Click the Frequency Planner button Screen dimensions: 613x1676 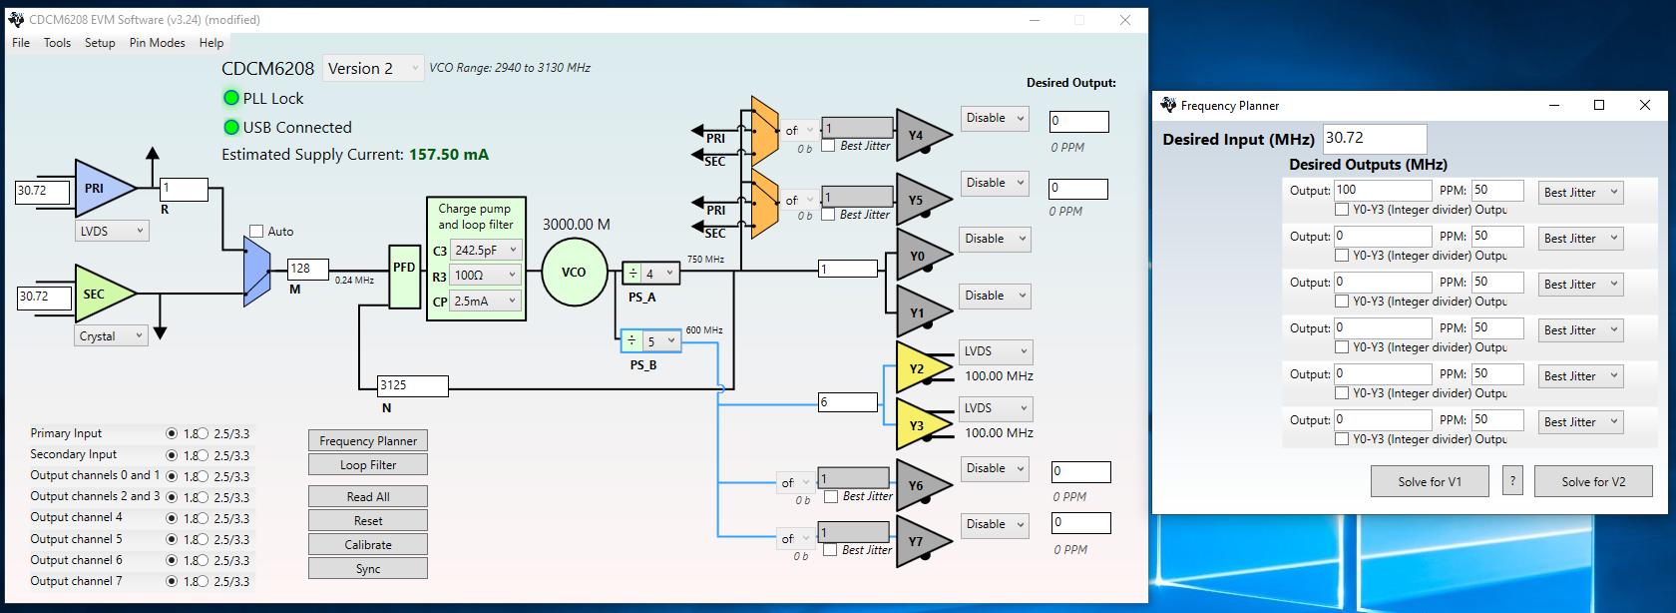click(368, 441)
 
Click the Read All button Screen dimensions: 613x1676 click(368, 497)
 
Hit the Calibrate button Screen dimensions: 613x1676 click(368, 545)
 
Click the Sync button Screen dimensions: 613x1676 click(368, 569)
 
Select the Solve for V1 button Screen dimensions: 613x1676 click(1430, 482)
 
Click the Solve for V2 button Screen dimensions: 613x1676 click(1593, 482)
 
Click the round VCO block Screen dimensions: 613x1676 click(574, 273)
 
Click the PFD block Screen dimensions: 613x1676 click(404, 276)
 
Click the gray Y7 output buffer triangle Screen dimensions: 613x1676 click(918, 542)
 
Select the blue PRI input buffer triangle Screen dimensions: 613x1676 click(100, 189)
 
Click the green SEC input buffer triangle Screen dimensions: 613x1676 click(100, 295)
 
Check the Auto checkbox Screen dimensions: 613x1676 click(256, 232)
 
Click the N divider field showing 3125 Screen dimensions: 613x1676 click(413, 385)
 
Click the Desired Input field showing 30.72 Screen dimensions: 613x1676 click(1374, 138)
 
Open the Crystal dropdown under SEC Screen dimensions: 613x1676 click(112, 336)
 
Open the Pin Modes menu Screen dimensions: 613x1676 click(157, 43)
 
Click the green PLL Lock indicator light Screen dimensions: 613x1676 click(231, 98)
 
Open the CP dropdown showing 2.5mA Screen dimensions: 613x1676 click(486, 302)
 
